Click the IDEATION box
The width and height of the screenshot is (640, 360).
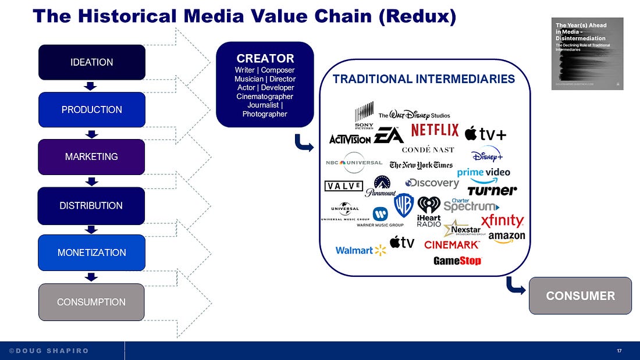pyautogui.click(x=91, y=62)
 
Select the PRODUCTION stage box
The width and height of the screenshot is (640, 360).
pyautogui.click(x=91, y=109)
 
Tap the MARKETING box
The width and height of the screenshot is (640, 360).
pyautogui.click(x=91, y=156)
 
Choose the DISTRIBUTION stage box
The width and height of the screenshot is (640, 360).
pyautogui.click(x=91, y=205)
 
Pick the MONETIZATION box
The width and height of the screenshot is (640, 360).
pyautogui.click(x=91, y=252)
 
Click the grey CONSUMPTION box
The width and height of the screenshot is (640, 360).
pyautogui.click(x=91, y=302)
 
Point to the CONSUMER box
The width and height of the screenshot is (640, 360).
pyautogui.click(x=580, y=295)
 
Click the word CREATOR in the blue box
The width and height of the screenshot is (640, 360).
pyautogui.click(x=265, y=59)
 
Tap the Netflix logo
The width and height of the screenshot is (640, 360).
pyautogui.click(x=435, y=130)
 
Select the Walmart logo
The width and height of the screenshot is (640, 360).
pyautogui.click(x=361, y=250)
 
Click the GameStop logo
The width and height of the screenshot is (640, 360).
pyautogui.click(x=457, y=261)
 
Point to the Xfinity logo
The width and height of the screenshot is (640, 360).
pyautogui.click(x=503, y=221)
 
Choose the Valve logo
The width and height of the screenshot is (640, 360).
pyautogui.click(x=343, y=186)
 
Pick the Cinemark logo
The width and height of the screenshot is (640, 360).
pyautogui.click(x=452, y=245)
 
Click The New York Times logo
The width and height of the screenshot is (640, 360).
pyautogui.click(x=421, y=165)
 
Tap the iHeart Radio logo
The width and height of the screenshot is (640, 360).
pyautogui.click(x=429, y=212)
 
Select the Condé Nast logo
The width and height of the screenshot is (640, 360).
pyautogui.click(x=428, y=150)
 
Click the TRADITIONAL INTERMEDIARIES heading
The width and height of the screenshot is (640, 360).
pyautogui.click(x=424, y=79)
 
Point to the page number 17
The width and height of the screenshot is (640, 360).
pyautogui.click(x=620, y=351)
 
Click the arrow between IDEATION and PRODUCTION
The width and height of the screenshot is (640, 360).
pyautogui.click(x=90, y=86)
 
